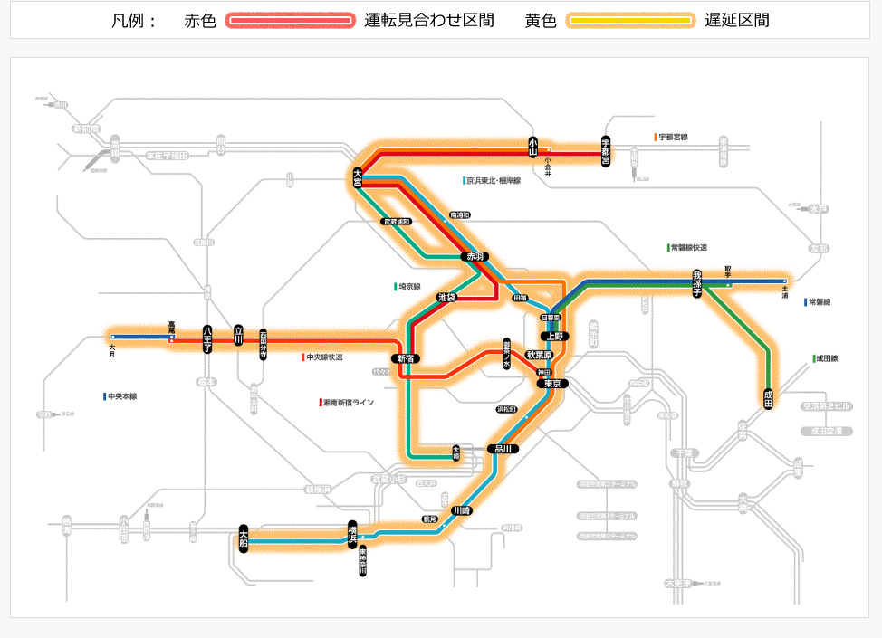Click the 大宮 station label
[358, 177]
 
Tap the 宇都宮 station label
[606, 150]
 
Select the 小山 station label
[533, 147]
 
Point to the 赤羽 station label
[476, 257]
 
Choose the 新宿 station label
[405, 358]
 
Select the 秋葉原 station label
[540, 355]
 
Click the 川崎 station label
[462, 510]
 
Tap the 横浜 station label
[352, 534]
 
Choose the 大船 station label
[244, 538]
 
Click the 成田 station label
[769, 397]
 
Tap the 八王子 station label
[207, 338]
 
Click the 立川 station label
[239, 335]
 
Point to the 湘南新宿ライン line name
[349, 402]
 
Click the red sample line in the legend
[290, 21]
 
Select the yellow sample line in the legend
[630, 21]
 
